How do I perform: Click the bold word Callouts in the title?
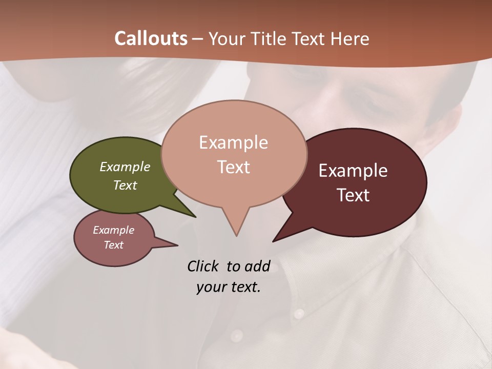click(x=151, y=38)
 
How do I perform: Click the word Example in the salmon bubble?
click(x=233, y=142)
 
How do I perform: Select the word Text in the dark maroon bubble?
click(x=353, y=195)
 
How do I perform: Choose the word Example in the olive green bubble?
click(x=125, y=167)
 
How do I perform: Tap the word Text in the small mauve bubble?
click(x=113, y=245)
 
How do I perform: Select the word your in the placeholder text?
click(x=211, y=287)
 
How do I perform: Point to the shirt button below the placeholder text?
click(x=236, y=336)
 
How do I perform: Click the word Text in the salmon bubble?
click(x=233, y=167)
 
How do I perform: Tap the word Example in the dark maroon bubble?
click(x=353, y=171)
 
